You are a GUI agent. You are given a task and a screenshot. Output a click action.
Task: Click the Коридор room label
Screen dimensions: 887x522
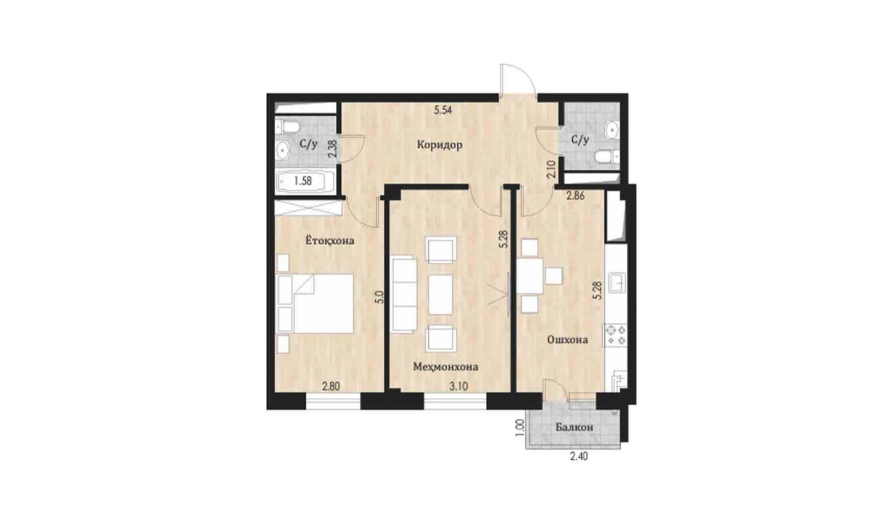click(440, 146)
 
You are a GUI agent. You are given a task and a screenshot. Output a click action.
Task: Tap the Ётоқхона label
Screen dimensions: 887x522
click(330, 240)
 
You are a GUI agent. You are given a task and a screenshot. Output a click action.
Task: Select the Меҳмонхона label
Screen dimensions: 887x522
click(446, 367)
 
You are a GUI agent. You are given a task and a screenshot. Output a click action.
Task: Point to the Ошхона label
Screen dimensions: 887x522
click(567, 340)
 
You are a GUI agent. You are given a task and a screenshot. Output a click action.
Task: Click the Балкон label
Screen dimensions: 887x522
click(574, 427)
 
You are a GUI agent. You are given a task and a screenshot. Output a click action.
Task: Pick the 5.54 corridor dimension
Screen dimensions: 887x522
click(443, 111)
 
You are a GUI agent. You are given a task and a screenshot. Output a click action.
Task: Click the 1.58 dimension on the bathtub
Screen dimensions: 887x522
click(303, 181)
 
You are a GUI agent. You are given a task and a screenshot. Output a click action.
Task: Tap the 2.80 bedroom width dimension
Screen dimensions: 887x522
click(331, 386)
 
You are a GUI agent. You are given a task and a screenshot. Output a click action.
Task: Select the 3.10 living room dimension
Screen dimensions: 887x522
click(459, 386)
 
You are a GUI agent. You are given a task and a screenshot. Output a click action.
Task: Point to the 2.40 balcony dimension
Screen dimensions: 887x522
click(578, 457)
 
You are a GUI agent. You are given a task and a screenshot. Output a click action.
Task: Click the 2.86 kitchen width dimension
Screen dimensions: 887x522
click(575, 195)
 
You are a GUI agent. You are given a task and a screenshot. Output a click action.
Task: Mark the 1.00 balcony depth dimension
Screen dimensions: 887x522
click(520, 428)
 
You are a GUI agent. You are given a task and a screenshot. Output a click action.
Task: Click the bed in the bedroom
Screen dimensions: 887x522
click(315, 303)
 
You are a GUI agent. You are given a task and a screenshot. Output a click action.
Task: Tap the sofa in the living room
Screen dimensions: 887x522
click(404, 295)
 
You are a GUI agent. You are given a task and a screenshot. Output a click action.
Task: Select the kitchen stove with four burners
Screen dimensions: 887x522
click(616, 335)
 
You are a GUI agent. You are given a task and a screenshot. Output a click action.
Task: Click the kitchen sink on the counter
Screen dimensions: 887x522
click(617, 282)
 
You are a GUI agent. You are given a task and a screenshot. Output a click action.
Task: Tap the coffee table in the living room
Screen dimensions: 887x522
click(441, 295)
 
